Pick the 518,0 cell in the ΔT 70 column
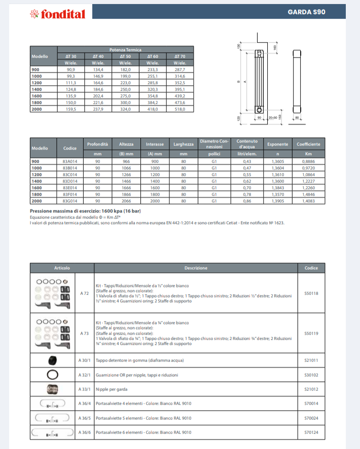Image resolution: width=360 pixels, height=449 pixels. (179, 109)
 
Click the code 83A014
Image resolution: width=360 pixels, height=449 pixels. (69, 161)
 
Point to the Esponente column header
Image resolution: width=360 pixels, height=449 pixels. (277, 145)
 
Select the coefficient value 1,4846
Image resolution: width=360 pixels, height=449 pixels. (308, 194)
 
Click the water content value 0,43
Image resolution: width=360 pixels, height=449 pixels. (247, 161)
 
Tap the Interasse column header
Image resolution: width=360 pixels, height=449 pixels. (154, 145)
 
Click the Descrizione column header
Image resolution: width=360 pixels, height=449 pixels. (196, 268)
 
